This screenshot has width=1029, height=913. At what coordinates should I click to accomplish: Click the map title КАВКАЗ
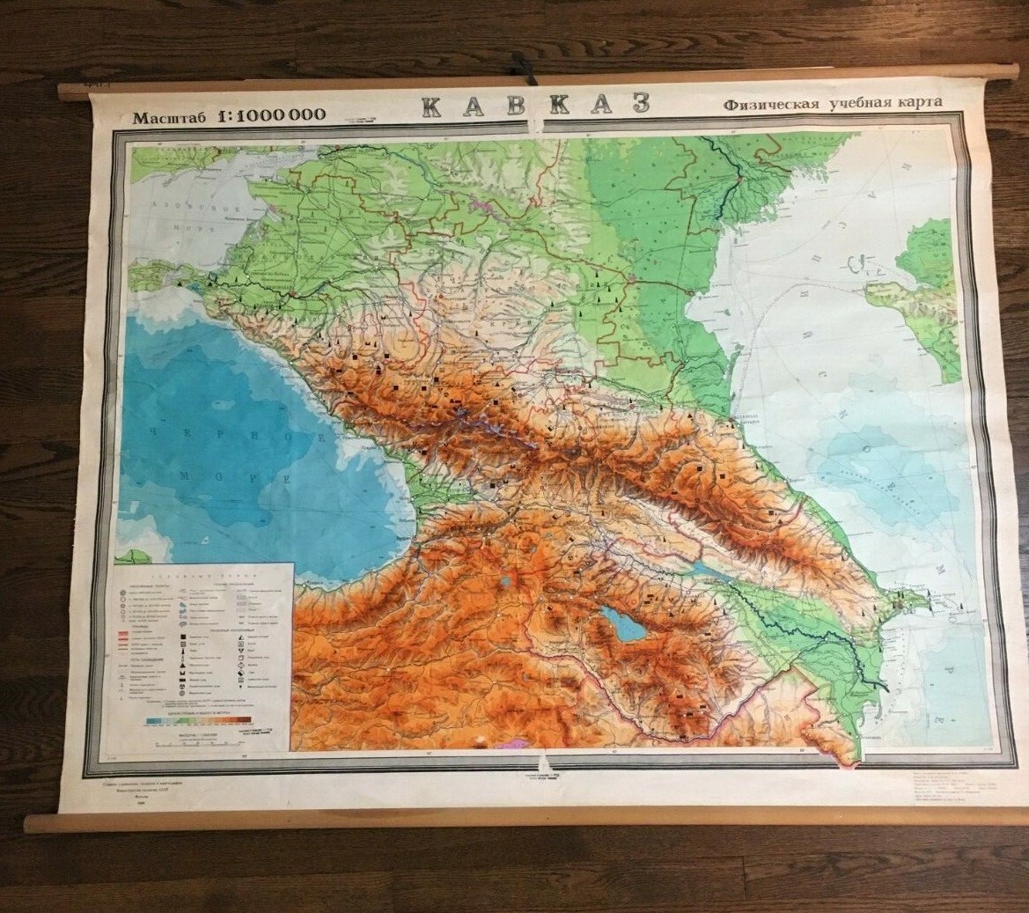(535, 104)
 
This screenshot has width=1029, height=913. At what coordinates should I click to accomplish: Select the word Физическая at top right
(769, 104)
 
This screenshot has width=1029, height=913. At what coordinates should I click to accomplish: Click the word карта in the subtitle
(918, 101)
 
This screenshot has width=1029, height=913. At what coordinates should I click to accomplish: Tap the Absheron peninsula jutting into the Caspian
(920, 604)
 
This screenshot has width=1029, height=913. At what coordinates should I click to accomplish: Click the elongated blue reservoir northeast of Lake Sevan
(709, 570)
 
